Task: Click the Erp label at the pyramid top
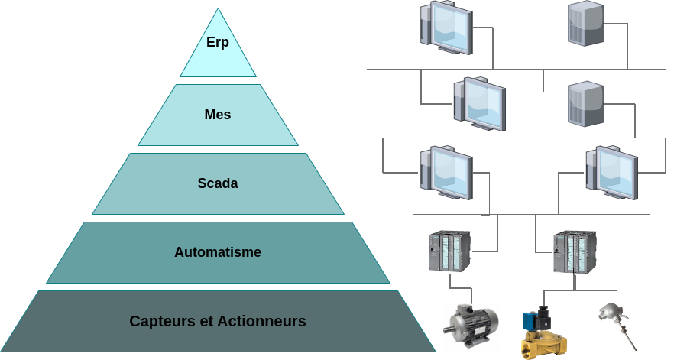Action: pyautogui.click(x=218, y=42)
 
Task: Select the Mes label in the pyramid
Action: pyautogui.click(x=218, y=115)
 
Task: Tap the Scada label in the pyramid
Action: pyautogui.click(x=218, y=183)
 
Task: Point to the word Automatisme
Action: pyautogui.click(x=218, y=252)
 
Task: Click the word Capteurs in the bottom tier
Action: pyautogui.click(x=163, y=321)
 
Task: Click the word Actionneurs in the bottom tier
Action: pyautogui.click(x=262, y=321)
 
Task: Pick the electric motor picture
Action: pyautogui.click(x=471, y=326)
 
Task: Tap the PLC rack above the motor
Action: pyautogui.click(x=449, y=251)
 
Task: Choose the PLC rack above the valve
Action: pyautogui.click(x=574, y=251)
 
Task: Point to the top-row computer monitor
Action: pyautogui.click(x=447, y=28)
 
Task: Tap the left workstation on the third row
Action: pyautogui.click(x=447, y=173)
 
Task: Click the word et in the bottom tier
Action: pyautogui.click(x=206, y=321)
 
